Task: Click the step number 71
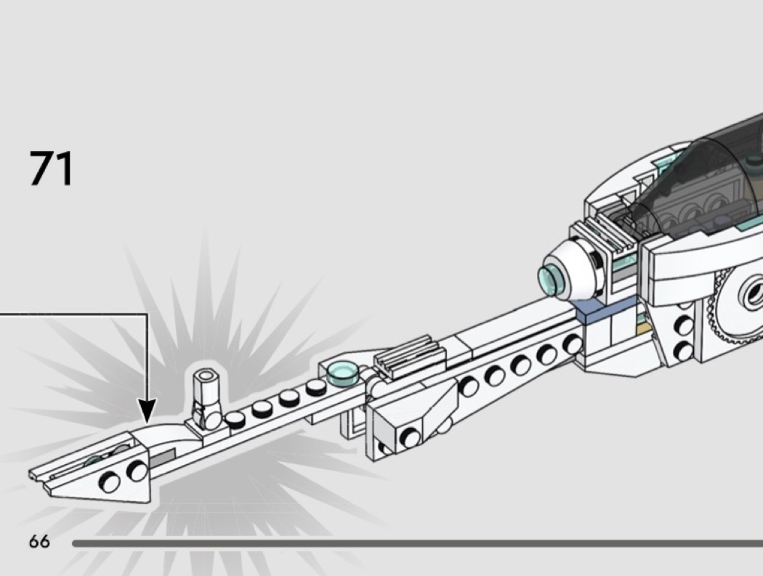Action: (52, 168)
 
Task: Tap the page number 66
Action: (39, 541)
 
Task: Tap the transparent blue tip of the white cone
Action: (549, 280)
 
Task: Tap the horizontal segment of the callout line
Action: (73, 315)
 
